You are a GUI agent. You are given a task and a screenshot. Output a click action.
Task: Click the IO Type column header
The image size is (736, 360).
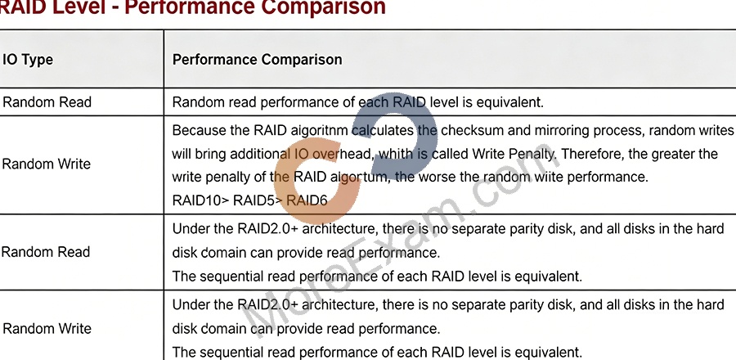[x=28, y=60]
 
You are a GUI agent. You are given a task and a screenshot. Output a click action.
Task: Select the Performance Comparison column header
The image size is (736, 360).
[x=258, y=60]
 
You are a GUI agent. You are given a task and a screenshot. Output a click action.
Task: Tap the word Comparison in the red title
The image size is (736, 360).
[x=323, y=7]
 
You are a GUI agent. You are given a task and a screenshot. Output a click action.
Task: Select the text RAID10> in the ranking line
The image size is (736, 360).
[x=200, y=200]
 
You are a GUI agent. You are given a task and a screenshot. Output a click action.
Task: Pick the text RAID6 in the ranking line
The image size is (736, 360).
[x=307, y=200]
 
